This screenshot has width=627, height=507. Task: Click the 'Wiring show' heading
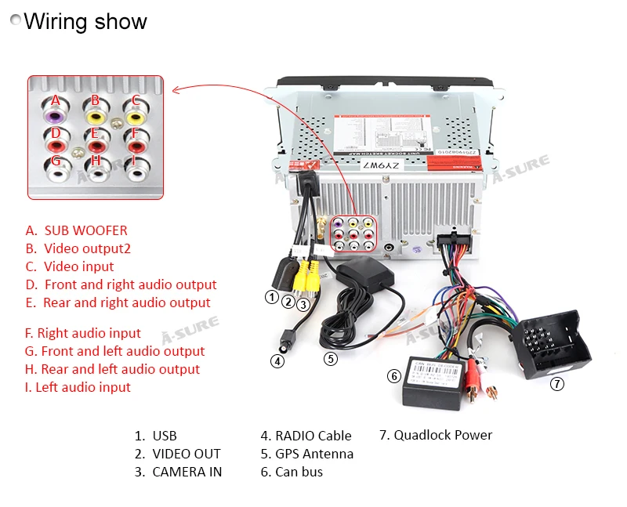pos(85,21)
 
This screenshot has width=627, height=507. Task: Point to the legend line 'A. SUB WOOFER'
pos(76,230)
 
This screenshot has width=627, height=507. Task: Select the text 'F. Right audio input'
pos(83,333)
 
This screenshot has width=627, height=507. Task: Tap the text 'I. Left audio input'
pos(78,387)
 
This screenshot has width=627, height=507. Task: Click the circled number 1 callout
pos(271,297)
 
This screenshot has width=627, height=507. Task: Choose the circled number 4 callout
pos(277,361)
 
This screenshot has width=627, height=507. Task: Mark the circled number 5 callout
pos(331,359)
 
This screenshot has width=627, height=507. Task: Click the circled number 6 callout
pos(394,376)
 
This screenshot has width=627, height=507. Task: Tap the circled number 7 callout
pos(556,384)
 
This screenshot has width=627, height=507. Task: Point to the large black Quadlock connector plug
pos(553,342)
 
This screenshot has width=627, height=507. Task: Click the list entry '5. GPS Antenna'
pos(306,454)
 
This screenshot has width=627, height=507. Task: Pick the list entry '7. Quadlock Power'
pos(435,435)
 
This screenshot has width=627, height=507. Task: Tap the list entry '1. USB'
pos(155,436)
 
